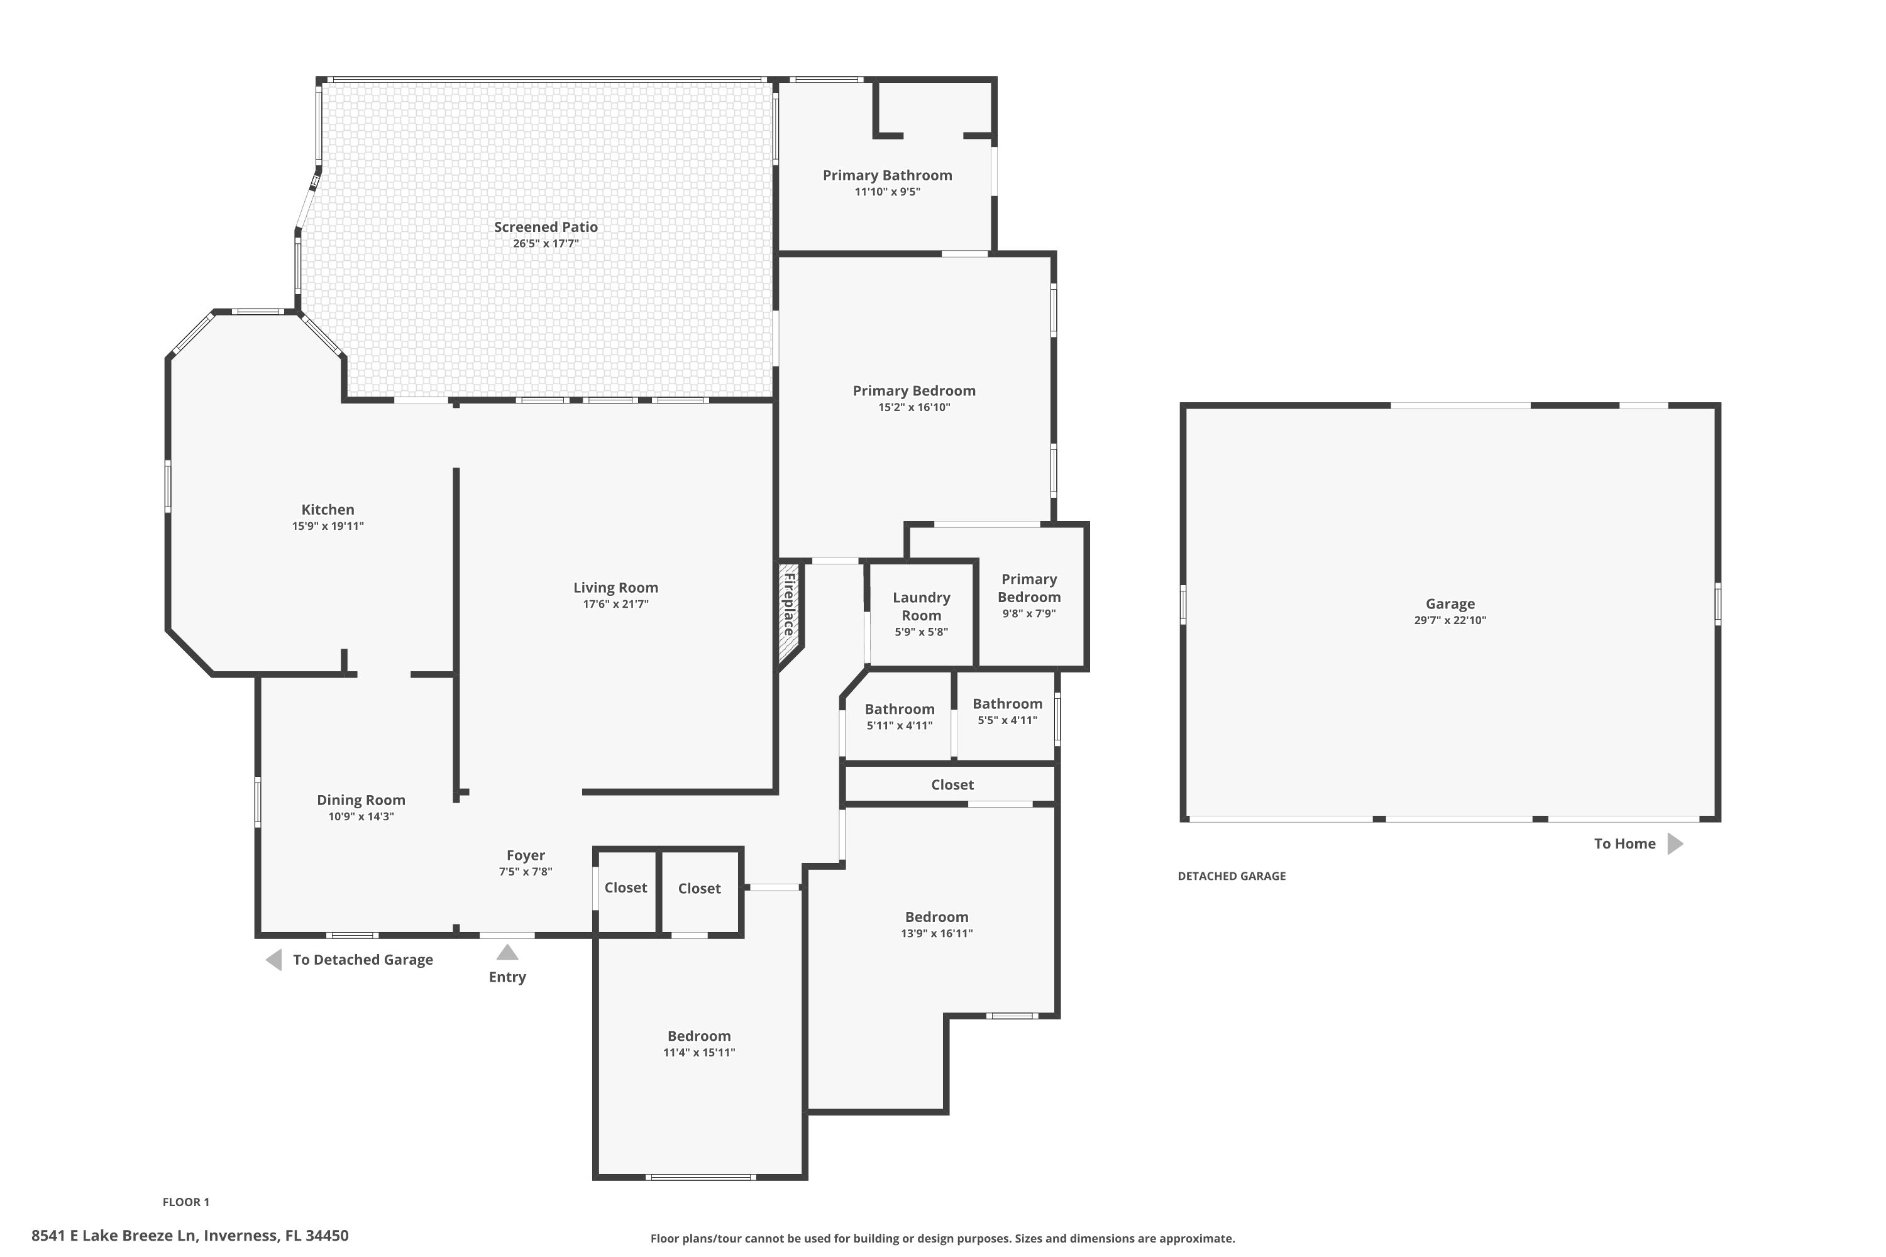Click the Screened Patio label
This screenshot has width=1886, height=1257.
pos(545,227)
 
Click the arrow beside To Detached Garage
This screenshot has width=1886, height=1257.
pos(274,960)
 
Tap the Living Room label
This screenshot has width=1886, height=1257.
pos(615,588)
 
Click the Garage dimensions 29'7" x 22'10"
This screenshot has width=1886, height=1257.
pos(1449,620)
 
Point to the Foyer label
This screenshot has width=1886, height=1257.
pos(525,855)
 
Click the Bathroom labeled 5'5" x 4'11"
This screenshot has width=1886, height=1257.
pos(1007,704)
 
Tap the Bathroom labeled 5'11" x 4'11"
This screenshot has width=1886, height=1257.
pos(899,710)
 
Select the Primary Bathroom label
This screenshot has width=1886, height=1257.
pos(887,175)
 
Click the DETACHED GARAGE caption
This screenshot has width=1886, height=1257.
pos(1231,876)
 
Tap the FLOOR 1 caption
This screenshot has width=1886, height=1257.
pos(185,1202)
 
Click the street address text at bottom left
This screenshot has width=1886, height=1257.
pos(190,1236)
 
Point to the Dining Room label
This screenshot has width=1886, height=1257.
pos(361,800)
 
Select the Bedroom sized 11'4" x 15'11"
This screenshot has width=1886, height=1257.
pos(698,1036)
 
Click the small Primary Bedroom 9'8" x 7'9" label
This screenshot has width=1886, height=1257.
pos(1028,588)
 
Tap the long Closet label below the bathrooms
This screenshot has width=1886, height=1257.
pos(952,785)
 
